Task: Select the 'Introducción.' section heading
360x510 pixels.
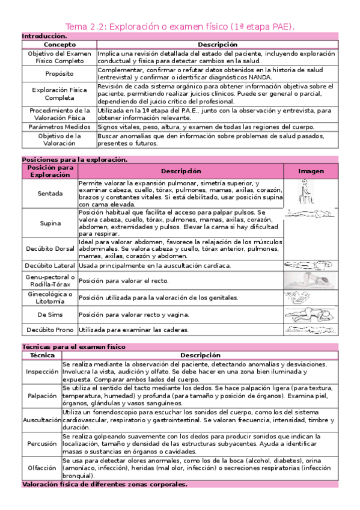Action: click(44, 37)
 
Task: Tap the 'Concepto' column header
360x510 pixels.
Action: click(59, 45)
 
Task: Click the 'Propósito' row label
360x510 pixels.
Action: click(59, 73)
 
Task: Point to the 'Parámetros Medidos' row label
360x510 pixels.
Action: click(59, 127)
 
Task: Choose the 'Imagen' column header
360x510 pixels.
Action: click(311, 171)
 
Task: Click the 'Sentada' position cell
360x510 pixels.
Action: click(49, 194)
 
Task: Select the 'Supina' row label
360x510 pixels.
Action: click(49, 223)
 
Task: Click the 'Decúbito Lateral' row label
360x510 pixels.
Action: click(49, 265)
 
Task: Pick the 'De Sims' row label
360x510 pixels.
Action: click(49, 314)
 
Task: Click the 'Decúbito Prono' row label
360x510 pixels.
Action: click(49, 330)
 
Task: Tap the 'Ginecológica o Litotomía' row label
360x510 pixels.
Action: click(49, 298)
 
